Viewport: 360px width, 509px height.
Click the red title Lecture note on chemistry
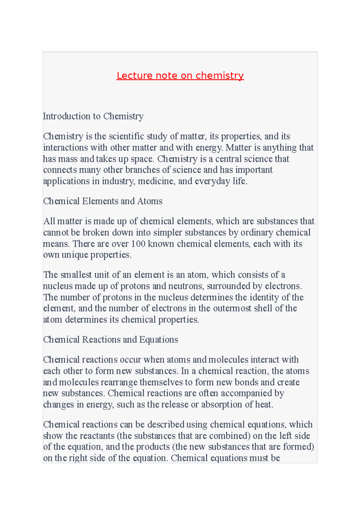point(180,76)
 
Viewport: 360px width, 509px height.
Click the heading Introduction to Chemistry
point(93,116)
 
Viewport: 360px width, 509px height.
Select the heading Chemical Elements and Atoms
point(103,201)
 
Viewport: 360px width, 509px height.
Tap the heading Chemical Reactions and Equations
point(110,339)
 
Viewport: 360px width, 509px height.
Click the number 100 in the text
point(138,243)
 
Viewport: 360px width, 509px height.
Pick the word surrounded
point(229,286)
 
